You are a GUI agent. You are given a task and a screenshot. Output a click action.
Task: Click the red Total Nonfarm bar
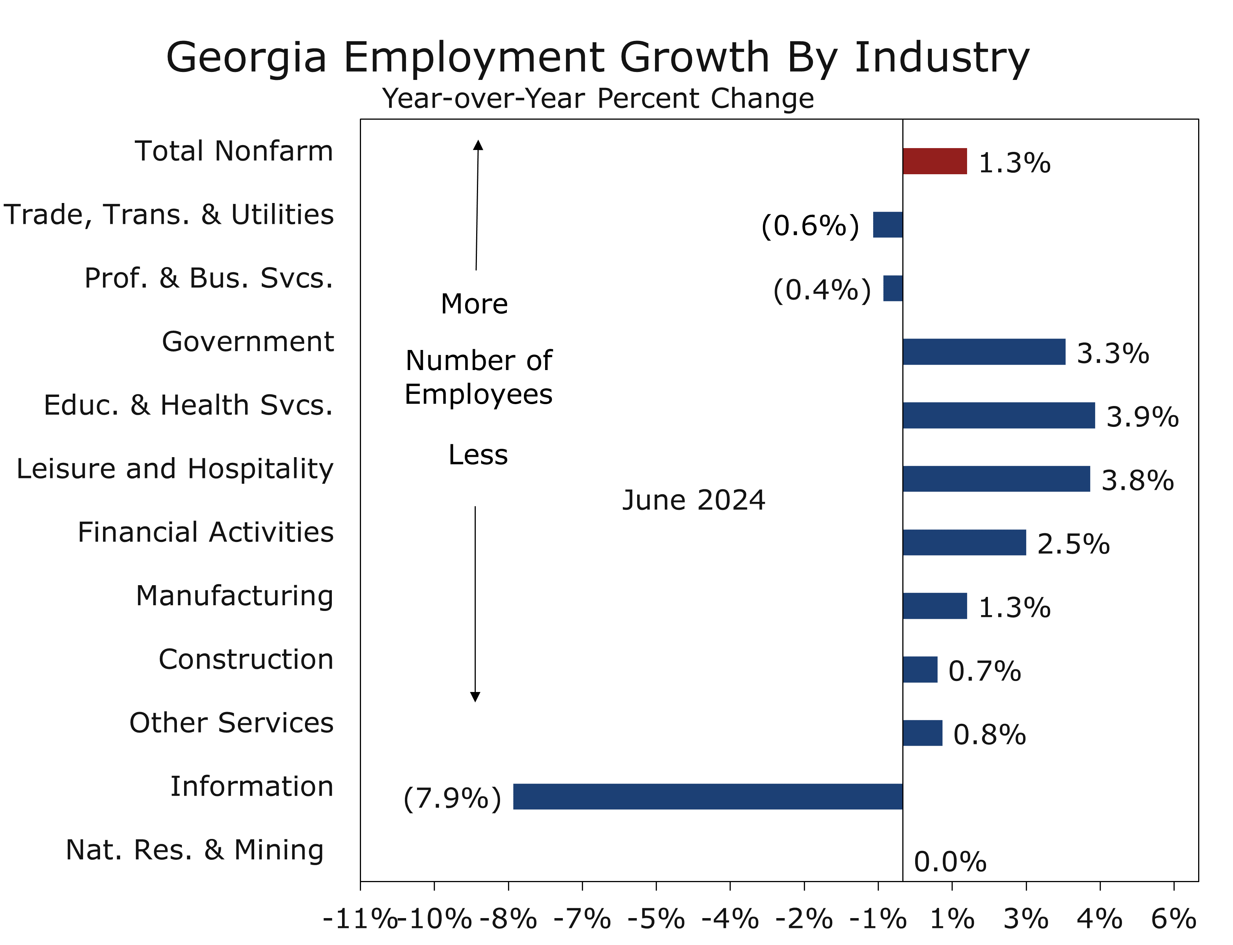coord(934,161)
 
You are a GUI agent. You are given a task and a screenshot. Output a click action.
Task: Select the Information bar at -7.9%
coord(707,797)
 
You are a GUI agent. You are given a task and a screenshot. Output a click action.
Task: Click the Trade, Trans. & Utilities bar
coord(888,225)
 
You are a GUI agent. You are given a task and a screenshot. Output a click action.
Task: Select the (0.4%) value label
coord(822,290)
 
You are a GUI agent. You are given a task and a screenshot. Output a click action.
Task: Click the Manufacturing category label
coord(234,596)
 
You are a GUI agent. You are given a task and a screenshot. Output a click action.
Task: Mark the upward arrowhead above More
coord(478,145)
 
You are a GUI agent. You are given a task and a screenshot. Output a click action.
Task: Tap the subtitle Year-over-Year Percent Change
coord(598,99)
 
